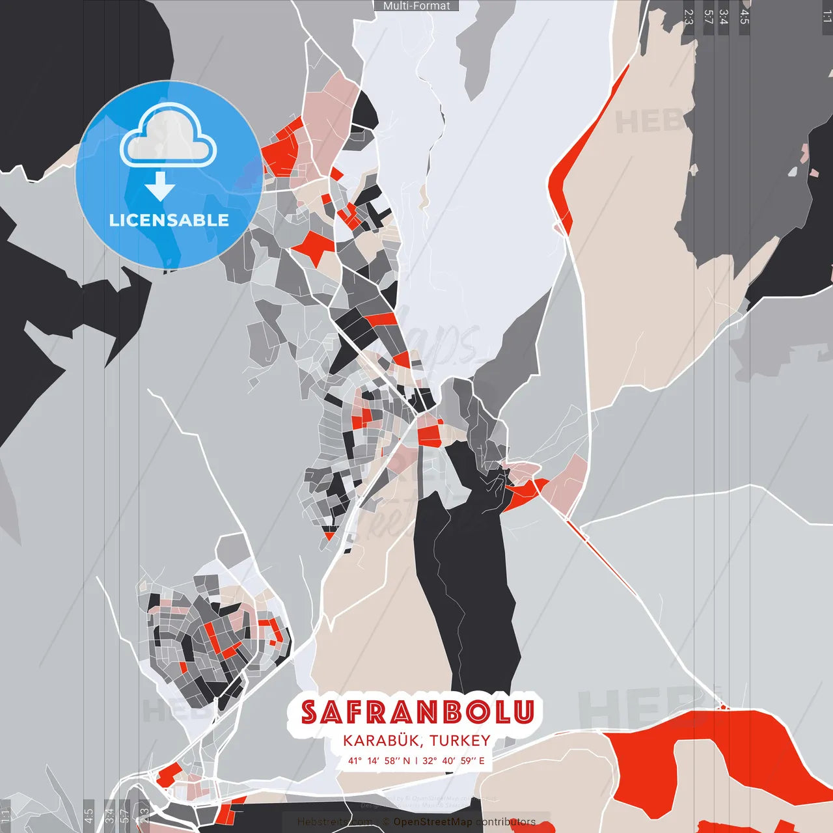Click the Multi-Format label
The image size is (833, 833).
point(416,6)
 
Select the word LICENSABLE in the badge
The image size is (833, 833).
point(169,220)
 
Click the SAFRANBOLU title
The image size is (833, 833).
point(417,712)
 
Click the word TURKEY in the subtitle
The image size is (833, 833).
point(459,741)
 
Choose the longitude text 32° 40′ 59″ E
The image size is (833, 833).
point(454,761)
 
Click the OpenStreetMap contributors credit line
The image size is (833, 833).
point(464,822)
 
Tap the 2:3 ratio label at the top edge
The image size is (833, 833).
point(689,17)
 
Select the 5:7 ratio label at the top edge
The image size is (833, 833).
point(708,17)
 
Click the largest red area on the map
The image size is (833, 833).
point(709,768)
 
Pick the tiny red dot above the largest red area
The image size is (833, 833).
point(722,706)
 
